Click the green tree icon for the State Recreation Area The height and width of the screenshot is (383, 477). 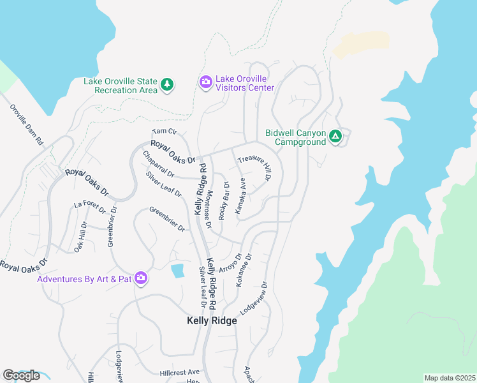[166, 84]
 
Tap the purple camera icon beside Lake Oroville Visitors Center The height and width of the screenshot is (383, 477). [205, 82]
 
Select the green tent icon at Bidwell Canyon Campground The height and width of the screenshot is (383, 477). [335, 137]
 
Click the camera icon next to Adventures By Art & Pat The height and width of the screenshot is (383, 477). [141, 279]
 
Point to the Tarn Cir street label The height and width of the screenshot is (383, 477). [164, 131]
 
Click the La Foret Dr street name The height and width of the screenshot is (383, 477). [87, 204]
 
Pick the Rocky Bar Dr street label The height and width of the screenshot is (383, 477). [223, 201]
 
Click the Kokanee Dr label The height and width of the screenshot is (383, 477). [244, 270]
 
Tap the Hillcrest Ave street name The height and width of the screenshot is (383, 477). [180, 372]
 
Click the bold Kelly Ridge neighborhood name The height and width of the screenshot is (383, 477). [212, 321]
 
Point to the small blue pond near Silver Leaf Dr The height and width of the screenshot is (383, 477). [177, 271]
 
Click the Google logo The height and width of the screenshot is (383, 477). [21, 375]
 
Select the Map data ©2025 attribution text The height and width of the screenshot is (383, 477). [450, 378]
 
